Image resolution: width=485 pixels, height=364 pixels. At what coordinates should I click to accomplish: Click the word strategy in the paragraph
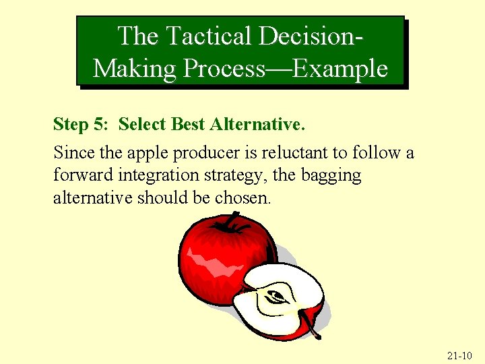[226, 176]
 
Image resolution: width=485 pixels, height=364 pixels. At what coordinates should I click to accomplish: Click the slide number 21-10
[459, 355]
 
